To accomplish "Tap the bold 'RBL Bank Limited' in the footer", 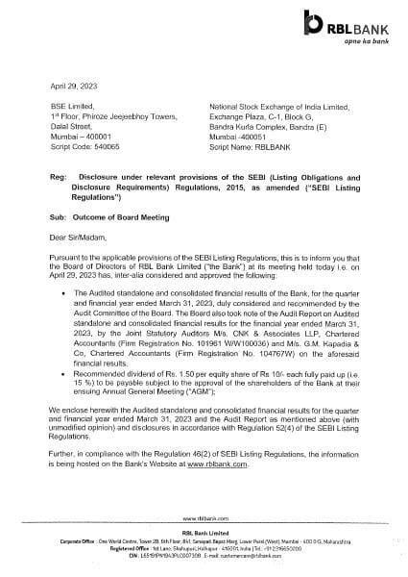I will pos(204,531).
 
